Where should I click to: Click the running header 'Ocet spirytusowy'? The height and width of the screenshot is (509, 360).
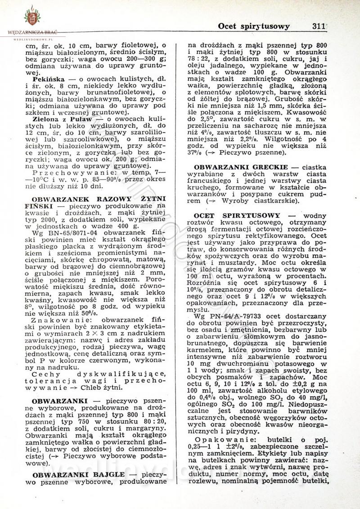pyautogui.click(x=253, y=26)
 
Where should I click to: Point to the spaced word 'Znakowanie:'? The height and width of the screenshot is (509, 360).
pyautogui.click(x=61, y=327)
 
